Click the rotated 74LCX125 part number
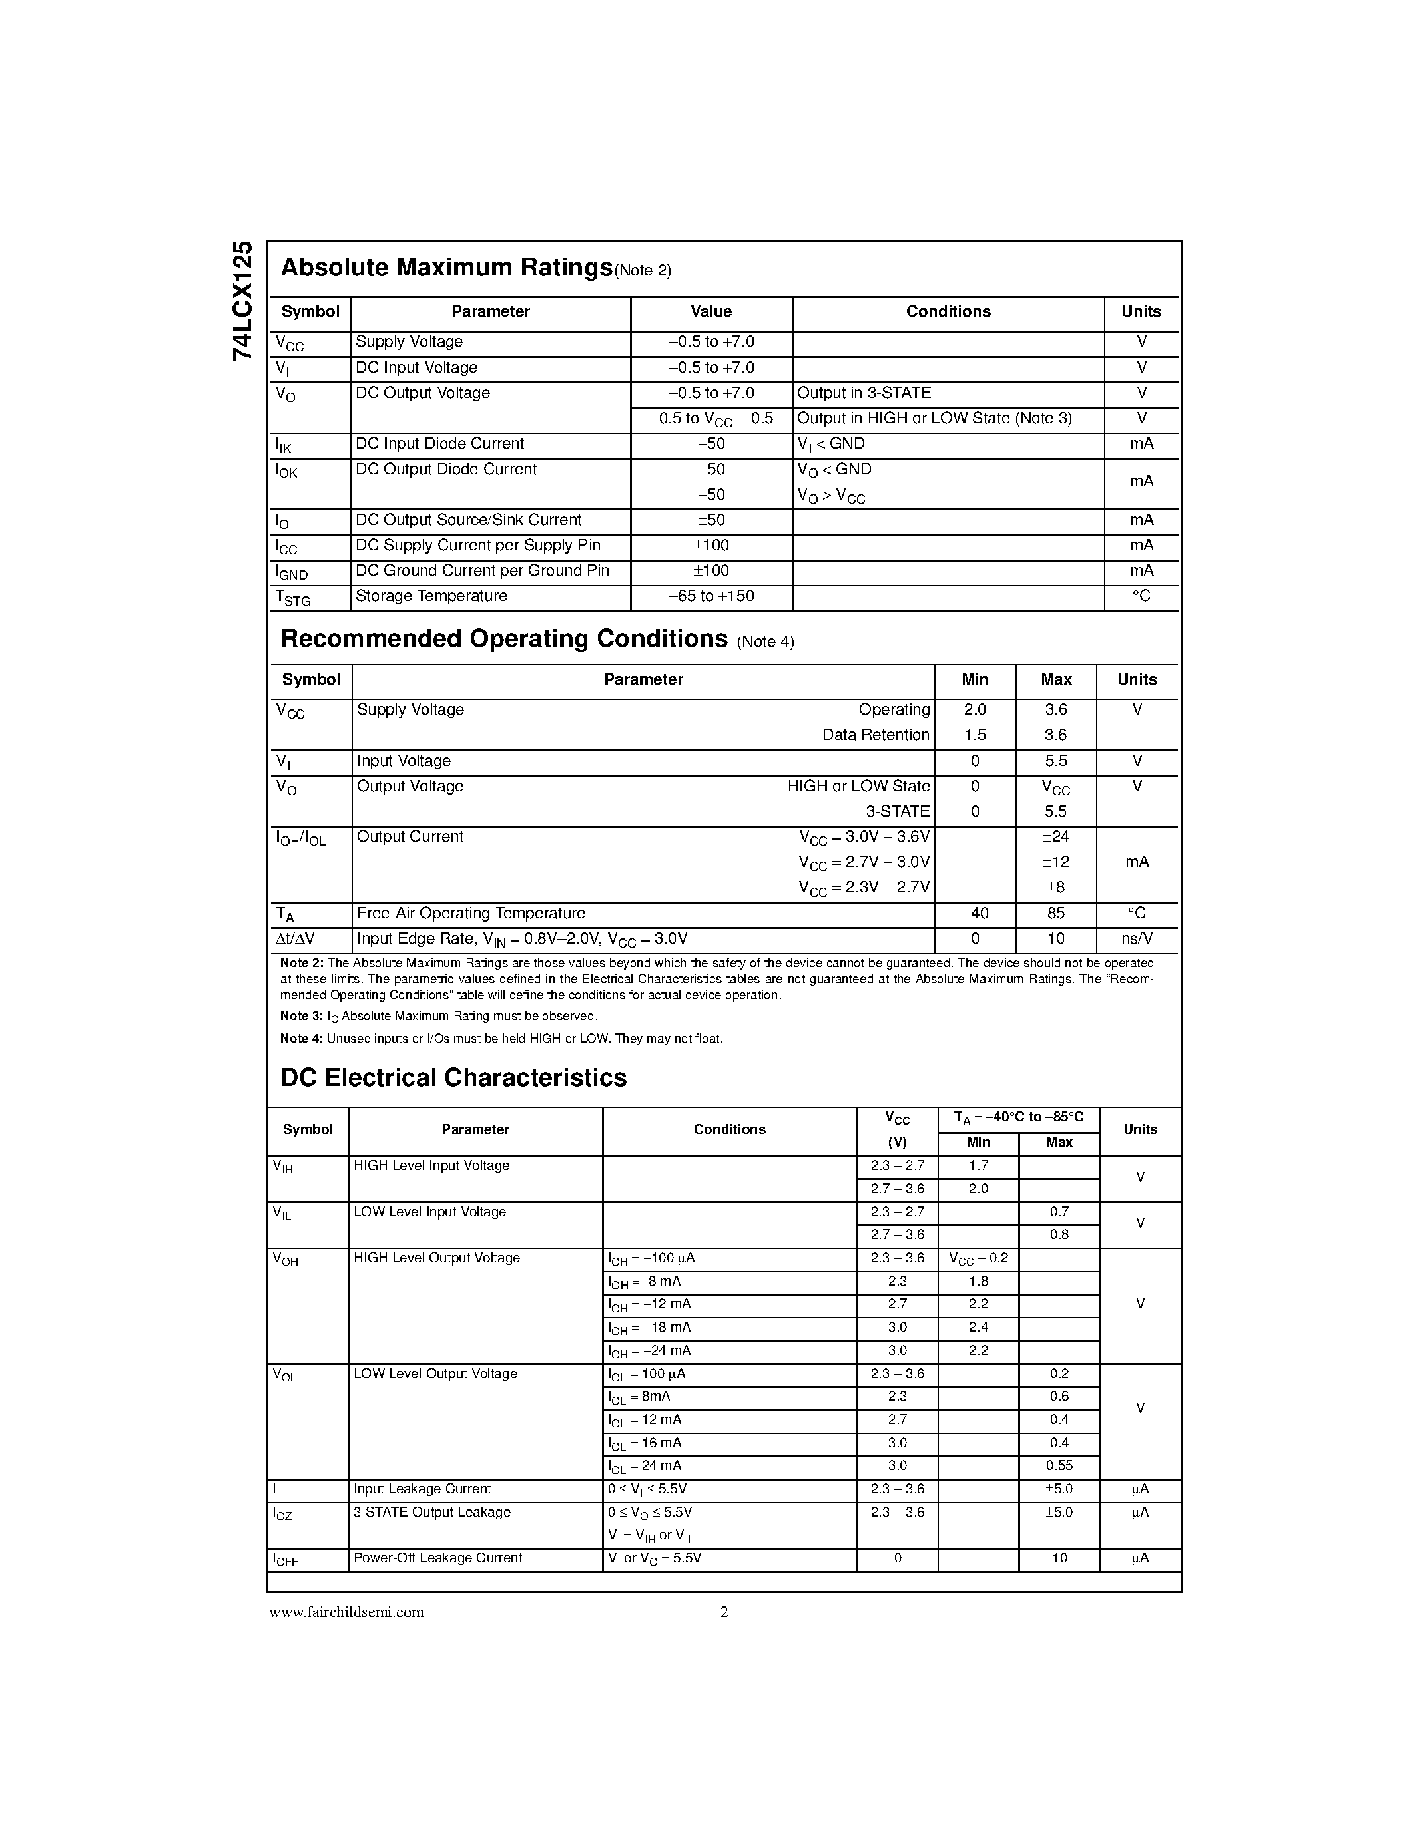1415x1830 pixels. pos(242,301)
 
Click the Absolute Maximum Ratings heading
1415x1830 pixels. pos(446,268)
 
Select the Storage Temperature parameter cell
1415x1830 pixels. pos(431,596)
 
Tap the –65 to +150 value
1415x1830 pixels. pos(711,596)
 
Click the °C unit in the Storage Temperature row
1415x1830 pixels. pos(1141,596)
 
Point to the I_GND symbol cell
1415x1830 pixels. pos(292,572)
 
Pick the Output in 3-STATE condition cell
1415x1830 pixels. pos(864,393)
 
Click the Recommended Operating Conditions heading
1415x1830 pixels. pos(504,638)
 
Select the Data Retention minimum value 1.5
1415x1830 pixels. pos(975,735)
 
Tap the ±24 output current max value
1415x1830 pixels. pos(1055,836)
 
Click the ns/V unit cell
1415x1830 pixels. pos(1137,938)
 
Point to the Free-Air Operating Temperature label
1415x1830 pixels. pos(470,912)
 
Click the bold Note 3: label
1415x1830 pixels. pos(301,1016)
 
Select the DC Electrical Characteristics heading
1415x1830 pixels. pos(453,1077)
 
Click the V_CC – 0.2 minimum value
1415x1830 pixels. pos(978,1258)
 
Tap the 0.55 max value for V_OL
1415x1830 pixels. pos(1059,1465)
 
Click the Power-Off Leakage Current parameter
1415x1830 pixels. pos(437,1558)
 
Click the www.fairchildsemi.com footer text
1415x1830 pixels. pos(346,1612)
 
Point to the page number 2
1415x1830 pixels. pos(724,1612)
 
